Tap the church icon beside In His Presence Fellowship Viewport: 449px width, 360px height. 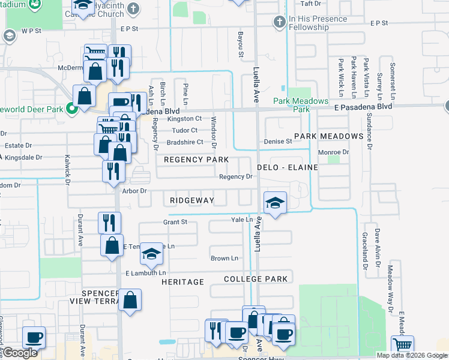pos(279,23)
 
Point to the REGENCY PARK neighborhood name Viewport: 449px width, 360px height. pos(196,160)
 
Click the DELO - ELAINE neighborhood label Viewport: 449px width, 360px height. pos(287,167)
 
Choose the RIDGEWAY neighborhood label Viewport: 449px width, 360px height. pos(191,200)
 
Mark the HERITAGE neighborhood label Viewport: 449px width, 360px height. pos(182,281)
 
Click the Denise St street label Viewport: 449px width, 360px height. pos(277,142)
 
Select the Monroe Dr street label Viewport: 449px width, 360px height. pos(333,152)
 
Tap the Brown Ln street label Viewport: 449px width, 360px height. pos(224,259)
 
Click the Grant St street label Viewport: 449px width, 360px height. pos(175,222)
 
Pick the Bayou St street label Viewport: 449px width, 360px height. pos(241,45)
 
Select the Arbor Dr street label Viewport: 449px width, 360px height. pos(134,191)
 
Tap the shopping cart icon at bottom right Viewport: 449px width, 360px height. pos(402,345)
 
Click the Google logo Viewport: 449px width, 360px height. pos(19,353)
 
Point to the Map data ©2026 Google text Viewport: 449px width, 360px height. pos(412,355)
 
